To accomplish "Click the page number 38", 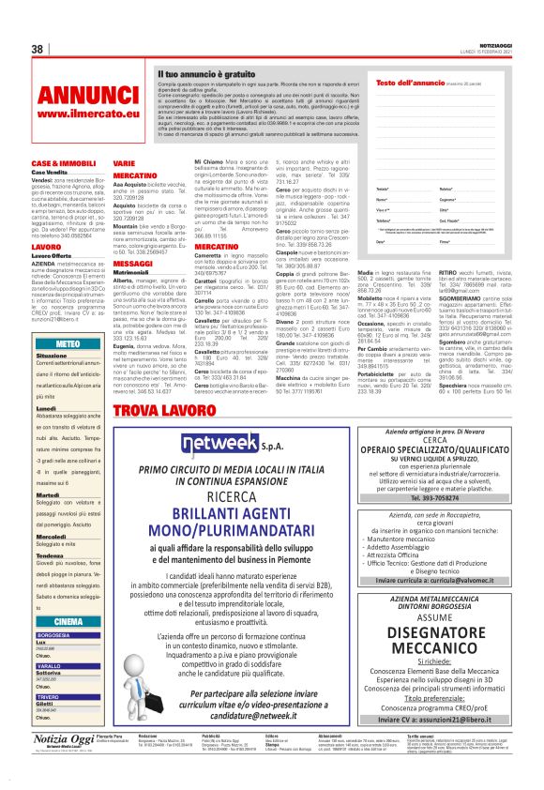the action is click(38, 49).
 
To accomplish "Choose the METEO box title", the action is click(68, 344).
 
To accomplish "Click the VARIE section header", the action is click(124, 163).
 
